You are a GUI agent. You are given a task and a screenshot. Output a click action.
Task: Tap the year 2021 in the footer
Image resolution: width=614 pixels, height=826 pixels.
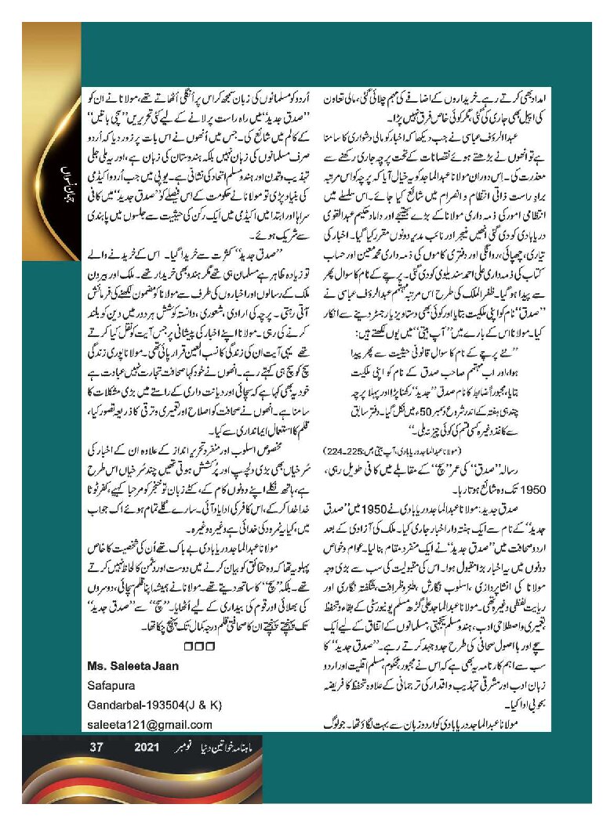pyautogui.click(x=147, y=748)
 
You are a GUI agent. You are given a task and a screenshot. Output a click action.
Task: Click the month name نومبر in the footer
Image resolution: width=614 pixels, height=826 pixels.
pyautogui.click(x=186, y=748)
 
